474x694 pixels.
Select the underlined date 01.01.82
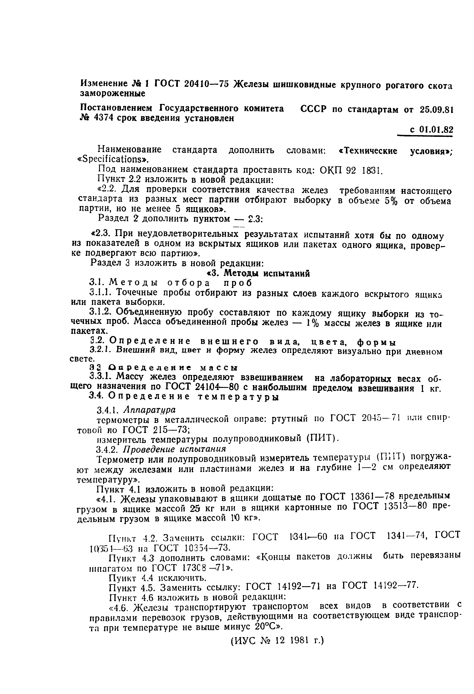(436, 130)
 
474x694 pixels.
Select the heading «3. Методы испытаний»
(259, 273)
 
